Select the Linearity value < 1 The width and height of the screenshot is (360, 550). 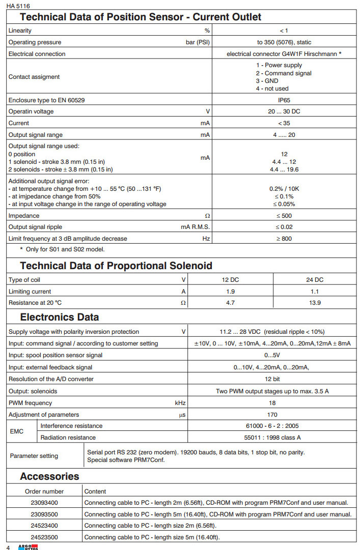tap(284, 31)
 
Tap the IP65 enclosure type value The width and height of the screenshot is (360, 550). tap(284, 100)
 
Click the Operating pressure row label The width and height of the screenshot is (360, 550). tap(35, 42)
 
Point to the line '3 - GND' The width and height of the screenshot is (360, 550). tap(267, 81)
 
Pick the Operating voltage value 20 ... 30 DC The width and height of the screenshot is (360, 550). tap(284, 111)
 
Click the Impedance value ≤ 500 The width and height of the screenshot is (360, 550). tap(284, 216)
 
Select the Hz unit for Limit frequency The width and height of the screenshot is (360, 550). tap(206, 238)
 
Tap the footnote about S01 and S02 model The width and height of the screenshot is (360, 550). tap(62, 249)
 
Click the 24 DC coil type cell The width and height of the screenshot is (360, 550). tap(315, 280)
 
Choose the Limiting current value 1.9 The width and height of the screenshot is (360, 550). tap(231, 291)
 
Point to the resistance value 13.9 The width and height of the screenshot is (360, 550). tap(315, 302)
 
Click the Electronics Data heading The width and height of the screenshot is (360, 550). tap(60, 317)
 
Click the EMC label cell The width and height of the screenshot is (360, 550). tap(17, 431)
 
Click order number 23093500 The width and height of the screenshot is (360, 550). tap(44, 514)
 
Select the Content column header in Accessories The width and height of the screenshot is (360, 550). tap(95, 491)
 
